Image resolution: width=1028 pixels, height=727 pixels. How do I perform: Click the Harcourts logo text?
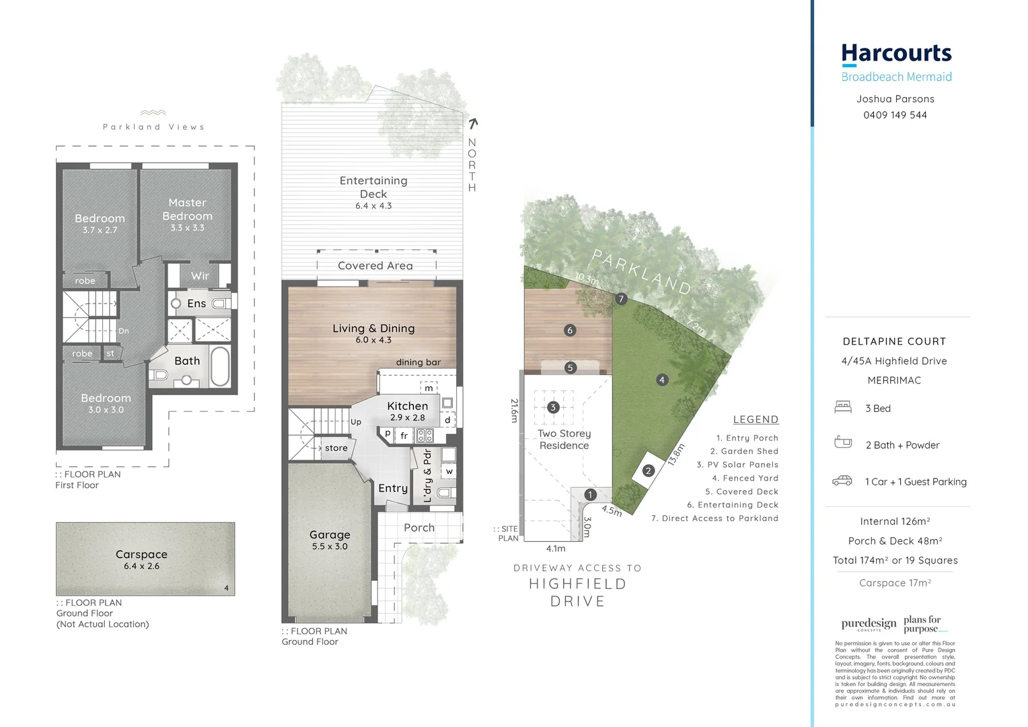tap(896, 54)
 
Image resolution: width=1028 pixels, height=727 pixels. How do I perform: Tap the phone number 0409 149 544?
tap(895, 115)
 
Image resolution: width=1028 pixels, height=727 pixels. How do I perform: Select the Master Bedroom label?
tap(187, 209)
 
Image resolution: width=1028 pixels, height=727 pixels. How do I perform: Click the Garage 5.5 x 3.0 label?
tap(330, 539)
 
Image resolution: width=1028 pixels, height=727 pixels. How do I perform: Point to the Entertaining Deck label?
tap(373, 187)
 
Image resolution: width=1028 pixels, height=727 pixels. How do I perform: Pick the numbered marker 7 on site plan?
tap(621, 299)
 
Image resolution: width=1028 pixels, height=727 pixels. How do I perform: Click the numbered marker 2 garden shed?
tap(648, 471)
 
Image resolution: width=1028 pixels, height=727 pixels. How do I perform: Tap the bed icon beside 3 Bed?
tap(842, 407)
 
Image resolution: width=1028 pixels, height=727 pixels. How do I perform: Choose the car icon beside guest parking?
tap(842, 481)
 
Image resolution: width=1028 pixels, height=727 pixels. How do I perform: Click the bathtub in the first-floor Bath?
tap(220, 366)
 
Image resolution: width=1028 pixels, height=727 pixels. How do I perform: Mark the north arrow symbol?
tap(473, 123)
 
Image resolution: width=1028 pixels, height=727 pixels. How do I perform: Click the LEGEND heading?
tap(756, 419)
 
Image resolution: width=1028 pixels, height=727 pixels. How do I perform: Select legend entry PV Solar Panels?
tap(737, 464)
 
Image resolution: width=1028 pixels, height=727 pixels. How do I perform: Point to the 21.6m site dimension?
tap(515, 411)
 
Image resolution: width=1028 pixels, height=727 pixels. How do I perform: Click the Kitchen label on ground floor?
tap(407, 406)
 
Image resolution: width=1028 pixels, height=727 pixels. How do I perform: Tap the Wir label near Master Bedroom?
tap(200, 276)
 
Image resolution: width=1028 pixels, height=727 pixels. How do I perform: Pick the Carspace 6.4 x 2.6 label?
tap(141, 559)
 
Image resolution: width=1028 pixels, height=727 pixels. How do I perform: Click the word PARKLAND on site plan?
tap(641, 271)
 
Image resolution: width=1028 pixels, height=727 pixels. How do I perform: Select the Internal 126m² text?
tap(895, 521)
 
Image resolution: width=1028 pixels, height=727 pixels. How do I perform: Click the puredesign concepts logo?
tap(869, 624)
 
